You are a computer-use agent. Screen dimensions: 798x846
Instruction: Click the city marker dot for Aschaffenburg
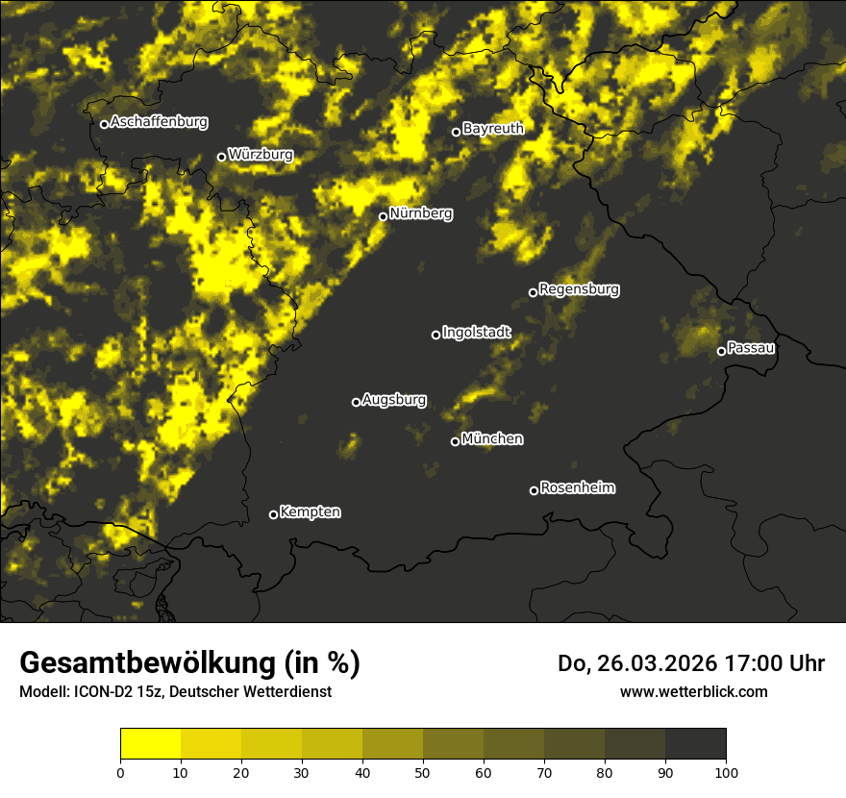pos(104,124)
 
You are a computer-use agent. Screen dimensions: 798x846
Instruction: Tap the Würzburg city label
pos(261,155)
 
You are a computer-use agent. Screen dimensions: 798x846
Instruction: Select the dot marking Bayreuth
pos(457,132)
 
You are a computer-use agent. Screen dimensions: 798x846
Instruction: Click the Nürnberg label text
pos(420,213)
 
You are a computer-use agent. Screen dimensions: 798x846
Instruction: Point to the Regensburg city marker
pos(533,292)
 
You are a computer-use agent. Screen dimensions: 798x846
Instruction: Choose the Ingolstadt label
pos(477,333)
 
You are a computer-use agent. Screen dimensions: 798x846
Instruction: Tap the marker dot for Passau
pos(721,351)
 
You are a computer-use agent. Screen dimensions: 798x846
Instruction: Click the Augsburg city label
pos(394,400)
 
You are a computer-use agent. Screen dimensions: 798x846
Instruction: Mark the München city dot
pos(455,441)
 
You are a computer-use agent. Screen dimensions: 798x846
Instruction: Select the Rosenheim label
pos(577,487)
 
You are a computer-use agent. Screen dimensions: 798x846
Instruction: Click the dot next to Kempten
pos(273,514)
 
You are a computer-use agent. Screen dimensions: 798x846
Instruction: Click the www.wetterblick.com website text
pos(693,691)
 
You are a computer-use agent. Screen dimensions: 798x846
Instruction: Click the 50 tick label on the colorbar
pos(423,771)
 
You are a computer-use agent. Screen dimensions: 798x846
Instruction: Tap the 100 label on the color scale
pos(726,771)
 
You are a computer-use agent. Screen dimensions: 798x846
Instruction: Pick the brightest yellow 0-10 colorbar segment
pos(150,744)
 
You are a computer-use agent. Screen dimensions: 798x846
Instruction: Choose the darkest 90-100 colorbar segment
pos(695,744)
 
